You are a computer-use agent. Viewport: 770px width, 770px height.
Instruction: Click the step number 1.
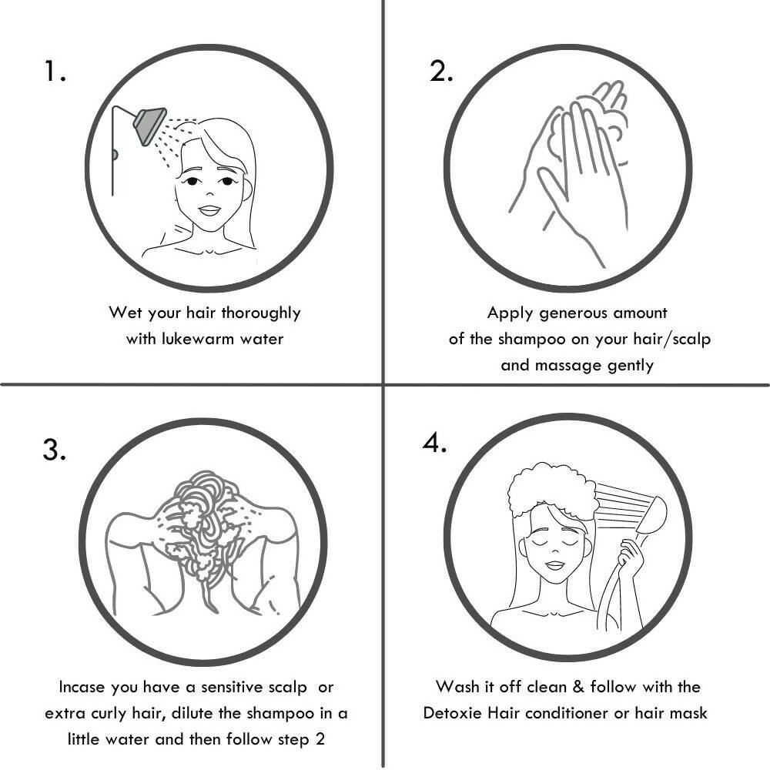(55, 71)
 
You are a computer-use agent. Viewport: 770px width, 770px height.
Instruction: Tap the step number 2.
(441, 71)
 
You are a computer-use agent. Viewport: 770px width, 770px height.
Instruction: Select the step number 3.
(54, 450)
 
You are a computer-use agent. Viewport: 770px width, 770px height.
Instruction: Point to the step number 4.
(434, 443)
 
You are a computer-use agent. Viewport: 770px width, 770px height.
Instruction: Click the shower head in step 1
(149, 125)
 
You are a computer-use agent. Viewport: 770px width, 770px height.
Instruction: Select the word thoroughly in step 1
(261, 313)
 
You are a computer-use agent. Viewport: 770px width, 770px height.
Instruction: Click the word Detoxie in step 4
(452, 712)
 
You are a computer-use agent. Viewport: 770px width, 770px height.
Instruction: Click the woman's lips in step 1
(209, 211)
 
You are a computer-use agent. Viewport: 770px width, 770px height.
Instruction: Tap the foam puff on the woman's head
(552, 490)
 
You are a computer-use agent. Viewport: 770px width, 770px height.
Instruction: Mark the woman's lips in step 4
(554, 564)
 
